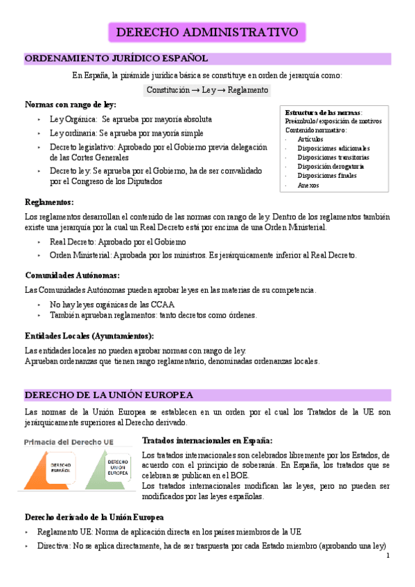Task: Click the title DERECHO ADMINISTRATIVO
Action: (207, 33)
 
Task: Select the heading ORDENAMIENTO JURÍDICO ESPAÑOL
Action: (116, 60)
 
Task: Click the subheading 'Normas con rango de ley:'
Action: (70, 105)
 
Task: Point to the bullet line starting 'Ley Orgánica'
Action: (131, 119)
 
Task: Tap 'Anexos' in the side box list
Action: (308, 185)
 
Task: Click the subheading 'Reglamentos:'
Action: (49, 202)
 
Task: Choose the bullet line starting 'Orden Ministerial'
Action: (203, 255)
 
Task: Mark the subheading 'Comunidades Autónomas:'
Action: (73, 275)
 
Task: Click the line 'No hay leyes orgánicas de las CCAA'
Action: (112, 304)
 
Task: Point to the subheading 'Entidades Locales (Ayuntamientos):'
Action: (89, 336)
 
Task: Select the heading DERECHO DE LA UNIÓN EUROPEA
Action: (109, 395)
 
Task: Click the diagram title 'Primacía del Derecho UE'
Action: (70, 441)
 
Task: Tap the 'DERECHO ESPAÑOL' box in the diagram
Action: (60, 469)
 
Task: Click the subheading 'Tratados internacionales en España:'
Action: (207, 440)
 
